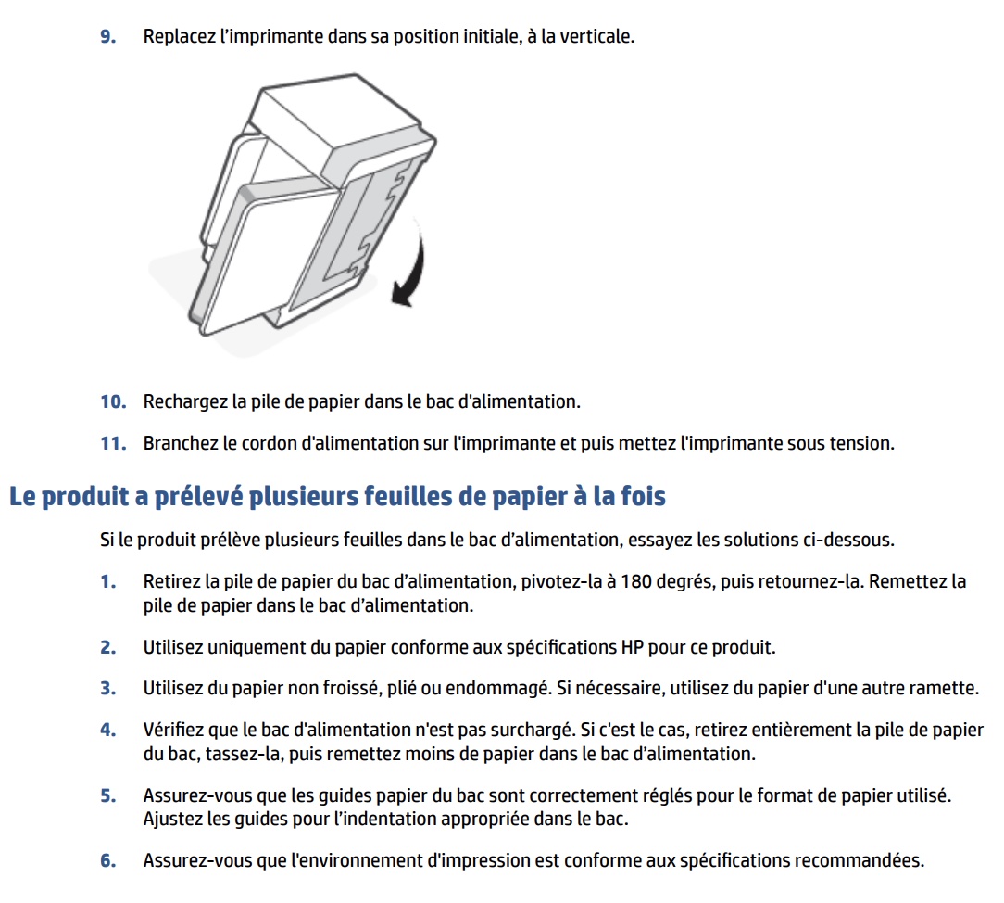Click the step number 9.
pyautogui.click(x=107, y=38)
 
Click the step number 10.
pyautogui.click(x=112, y=401)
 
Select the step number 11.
pyautogui.click(x=112, y=443)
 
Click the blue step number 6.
pyautogui.click(x=108, y=860)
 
